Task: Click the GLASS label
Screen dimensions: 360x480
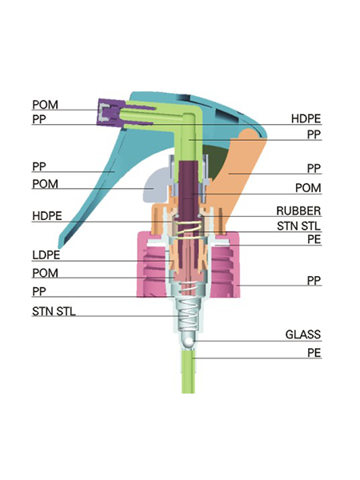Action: (303, 334)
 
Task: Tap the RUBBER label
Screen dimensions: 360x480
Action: (298, 210)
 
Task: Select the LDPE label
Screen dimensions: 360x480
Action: (46, 255)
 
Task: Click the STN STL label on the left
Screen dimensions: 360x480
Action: (54, 311)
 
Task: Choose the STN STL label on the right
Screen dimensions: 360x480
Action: (298, 226)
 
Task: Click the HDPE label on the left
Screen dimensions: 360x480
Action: (47, 216)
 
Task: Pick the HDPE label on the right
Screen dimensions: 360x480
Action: (306, 118)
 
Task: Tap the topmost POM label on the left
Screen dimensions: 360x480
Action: (45, 105)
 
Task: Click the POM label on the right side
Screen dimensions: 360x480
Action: (308, 188)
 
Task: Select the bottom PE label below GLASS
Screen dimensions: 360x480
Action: (314, 353)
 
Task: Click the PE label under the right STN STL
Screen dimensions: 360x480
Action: (314, 239)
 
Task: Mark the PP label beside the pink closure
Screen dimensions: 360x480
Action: (314, 281)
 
